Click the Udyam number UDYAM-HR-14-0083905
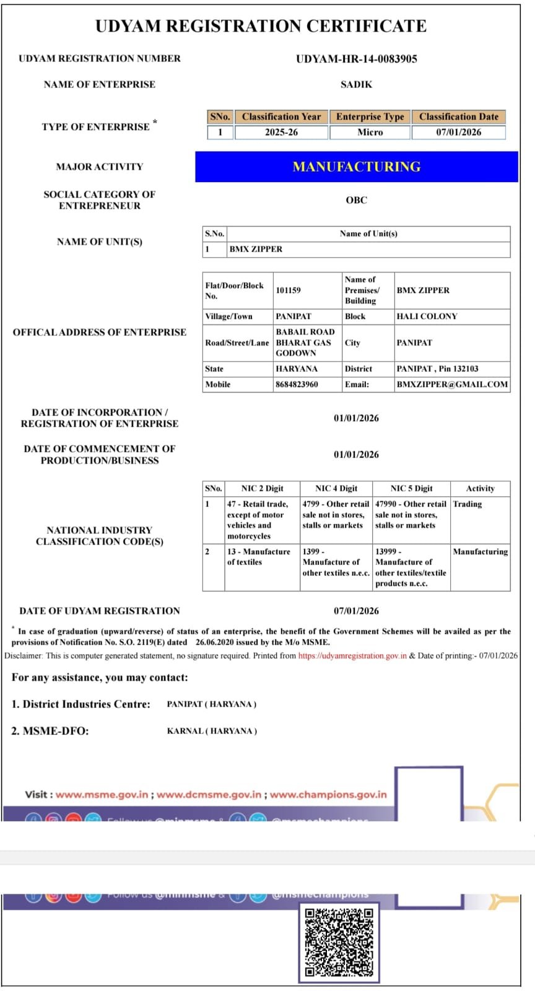tap(356, 59)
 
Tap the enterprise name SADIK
tap(356, 84)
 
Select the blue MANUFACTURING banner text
tap(356, 167)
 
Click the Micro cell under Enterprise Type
tap(370, 132)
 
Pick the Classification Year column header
tap(281, 116)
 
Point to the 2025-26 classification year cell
tap(281, 132)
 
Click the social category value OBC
tap(356, 200)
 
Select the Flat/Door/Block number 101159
tap(289, 290)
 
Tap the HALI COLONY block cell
tap(427, 317)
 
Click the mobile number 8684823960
tap(297, 384)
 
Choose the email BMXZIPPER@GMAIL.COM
tap(452, 384)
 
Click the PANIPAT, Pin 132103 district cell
tap(437, 369)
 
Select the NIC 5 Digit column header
tap(411, 488)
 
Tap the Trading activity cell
tap(468, 504)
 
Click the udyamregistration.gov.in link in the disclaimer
tap(352, 655)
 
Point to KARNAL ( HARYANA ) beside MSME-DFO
tap(212, 731)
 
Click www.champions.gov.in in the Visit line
tap(328, 794)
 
